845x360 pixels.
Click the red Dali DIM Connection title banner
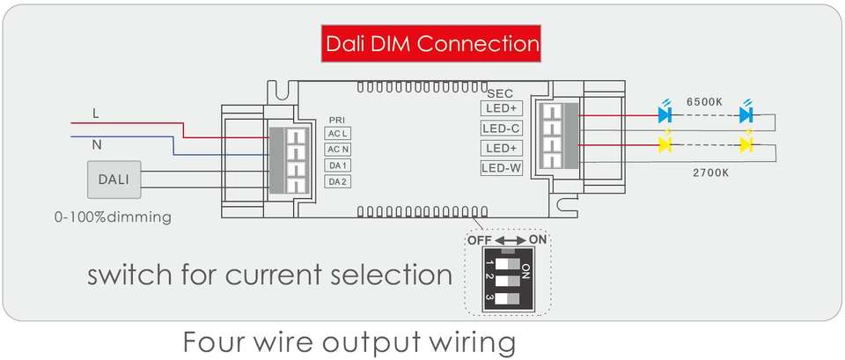click(x=431, y=43)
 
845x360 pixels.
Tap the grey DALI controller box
click(x=114, y=180)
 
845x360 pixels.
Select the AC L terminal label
click(x=338, y=133)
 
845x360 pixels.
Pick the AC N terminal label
click(x=338, y=150)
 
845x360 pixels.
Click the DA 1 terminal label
click(x=338, y=165)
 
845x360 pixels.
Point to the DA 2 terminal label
click(x=338, y=181)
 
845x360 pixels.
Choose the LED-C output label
click(x=502, y=129)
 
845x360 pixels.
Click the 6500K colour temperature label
click(x=704, y=102)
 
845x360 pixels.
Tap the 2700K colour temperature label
click(x=710, y=173)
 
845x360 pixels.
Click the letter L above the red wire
click(x=96, y=114)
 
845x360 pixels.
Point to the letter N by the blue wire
click(x=97, y=145)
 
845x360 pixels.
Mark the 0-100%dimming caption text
click(x=113, y=217)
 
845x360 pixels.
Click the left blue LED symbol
click(x=665, y=114)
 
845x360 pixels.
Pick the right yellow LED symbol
click(x=746, y=144)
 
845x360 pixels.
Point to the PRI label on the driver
click(x=337, y=120)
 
